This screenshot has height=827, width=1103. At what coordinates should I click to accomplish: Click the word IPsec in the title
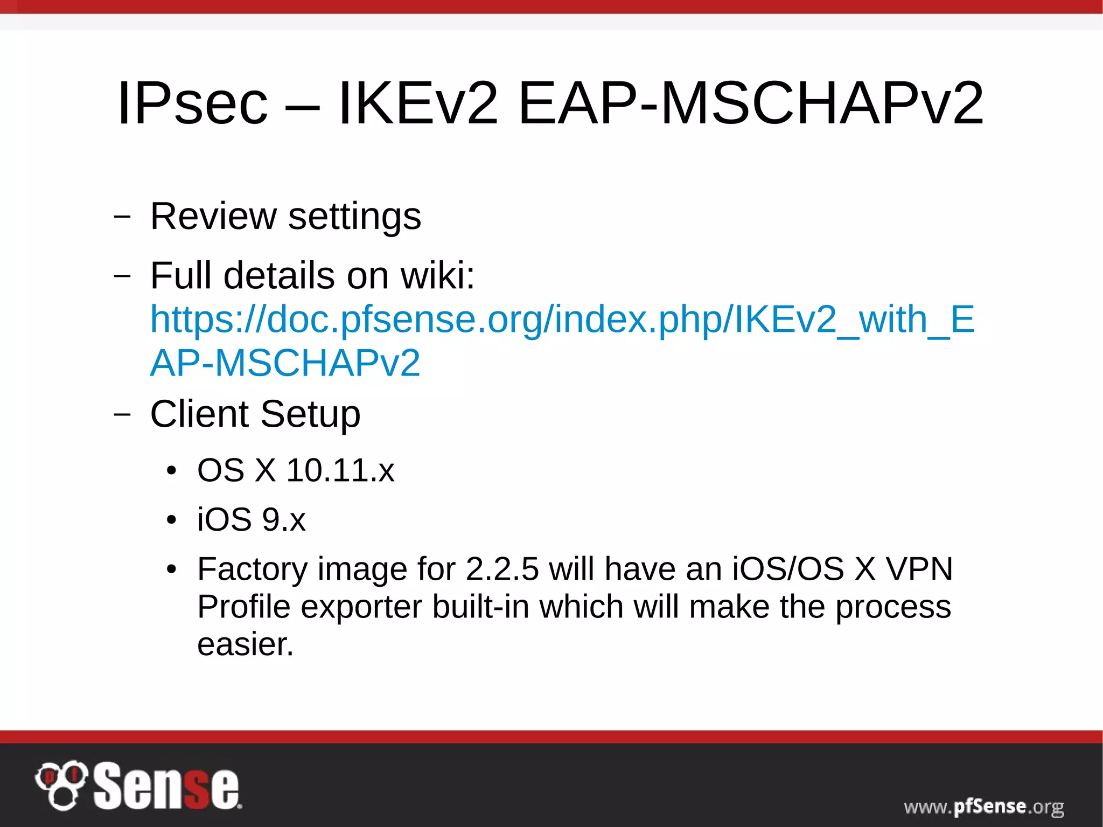(x=192, y=103)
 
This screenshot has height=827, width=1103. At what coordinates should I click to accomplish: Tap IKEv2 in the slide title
(x=418, y=103)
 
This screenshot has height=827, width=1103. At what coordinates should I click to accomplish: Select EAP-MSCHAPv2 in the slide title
(x=750, y=103)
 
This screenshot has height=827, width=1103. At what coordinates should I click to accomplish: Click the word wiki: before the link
(x=438, y=275)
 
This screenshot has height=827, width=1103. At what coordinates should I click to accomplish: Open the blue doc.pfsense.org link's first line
(x=562, y=319)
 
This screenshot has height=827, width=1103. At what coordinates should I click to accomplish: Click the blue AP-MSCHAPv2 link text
(x=285, y=363)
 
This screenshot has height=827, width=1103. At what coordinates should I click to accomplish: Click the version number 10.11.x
(x=340, y=470)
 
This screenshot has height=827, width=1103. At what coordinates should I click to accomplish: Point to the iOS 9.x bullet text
(x=251, y=519)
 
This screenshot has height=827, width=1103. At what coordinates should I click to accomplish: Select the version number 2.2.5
(x=502, y=569)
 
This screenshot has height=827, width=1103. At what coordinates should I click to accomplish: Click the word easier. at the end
(x=245, y=644)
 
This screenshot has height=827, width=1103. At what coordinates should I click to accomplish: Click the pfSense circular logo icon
(x=61, y=785)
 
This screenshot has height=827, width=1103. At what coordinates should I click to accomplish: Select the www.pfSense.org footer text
(x=983, y=807)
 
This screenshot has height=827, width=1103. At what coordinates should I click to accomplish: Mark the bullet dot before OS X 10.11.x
(x=171, y=471)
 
